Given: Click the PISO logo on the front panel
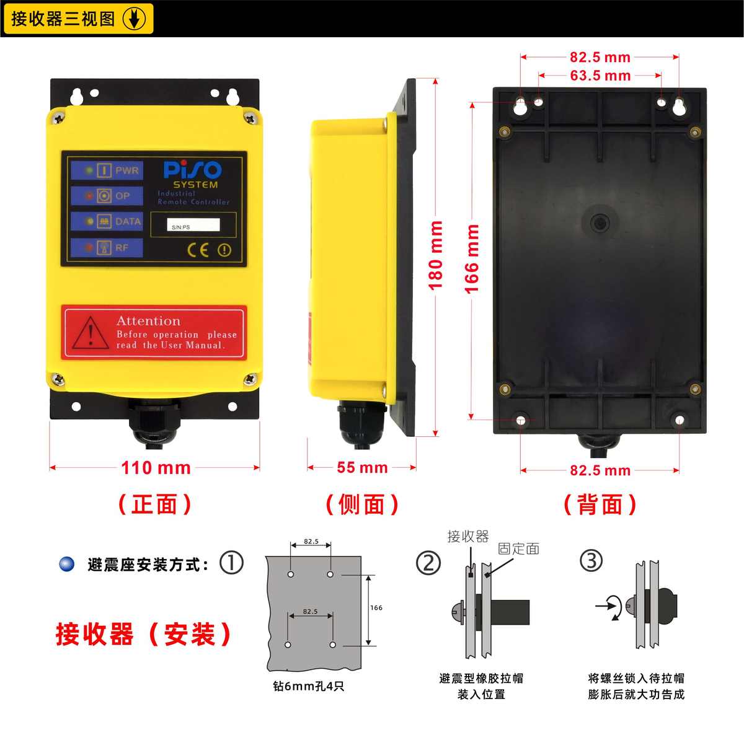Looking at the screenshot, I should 192,170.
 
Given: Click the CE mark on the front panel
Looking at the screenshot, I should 198,250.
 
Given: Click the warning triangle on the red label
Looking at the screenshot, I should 91,333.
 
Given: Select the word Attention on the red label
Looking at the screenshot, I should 149,321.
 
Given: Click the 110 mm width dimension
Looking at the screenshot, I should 156,467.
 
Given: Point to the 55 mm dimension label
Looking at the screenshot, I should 362,468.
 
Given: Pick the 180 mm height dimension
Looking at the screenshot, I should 436,255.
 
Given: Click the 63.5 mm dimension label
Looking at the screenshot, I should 600,76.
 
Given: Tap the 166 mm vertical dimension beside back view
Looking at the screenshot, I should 472,259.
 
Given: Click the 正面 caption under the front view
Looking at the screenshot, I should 155,504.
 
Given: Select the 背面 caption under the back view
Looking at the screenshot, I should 600,504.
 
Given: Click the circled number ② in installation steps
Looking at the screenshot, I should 428,563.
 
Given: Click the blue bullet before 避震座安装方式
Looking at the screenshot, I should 66,565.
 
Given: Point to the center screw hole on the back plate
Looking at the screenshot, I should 600,222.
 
